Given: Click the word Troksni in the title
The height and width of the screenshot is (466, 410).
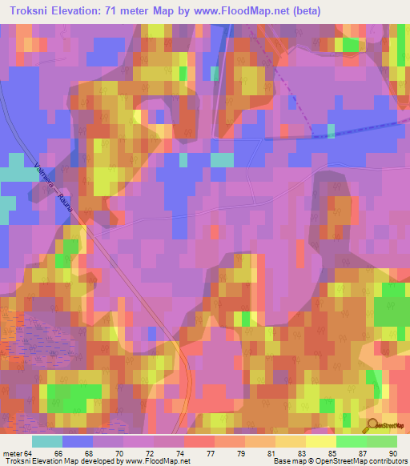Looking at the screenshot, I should (x=30, y=10).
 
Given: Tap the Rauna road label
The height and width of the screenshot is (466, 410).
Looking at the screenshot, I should (x=68, y=211).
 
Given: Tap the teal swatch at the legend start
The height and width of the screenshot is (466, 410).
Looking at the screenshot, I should (x=47, y=441).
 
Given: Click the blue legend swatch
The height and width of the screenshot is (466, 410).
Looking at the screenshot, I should (x=78, y=441).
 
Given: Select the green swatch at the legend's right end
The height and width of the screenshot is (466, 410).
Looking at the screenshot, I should (x=382, y=441).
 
